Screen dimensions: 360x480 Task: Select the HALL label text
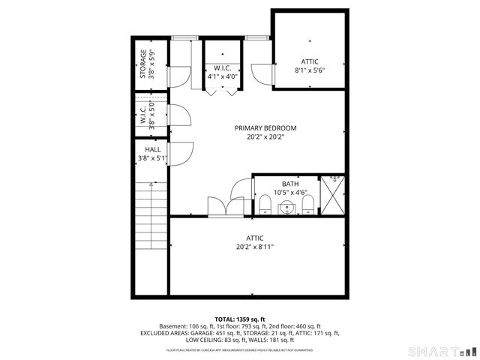pyautogui.click(x=142, y=149)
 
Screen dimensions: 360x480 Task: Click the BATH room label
pyautogui.click(x=289, y=184)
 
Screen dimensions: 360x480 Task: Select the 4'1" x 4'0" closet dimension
pyautogui.click(x=222, y=76)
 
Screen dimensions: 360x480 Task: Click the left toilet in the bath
pyautogui.click(x=265, y=206)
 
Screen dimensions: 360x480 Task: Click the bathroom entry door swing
pyautogui.click(x=242, y=192)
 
